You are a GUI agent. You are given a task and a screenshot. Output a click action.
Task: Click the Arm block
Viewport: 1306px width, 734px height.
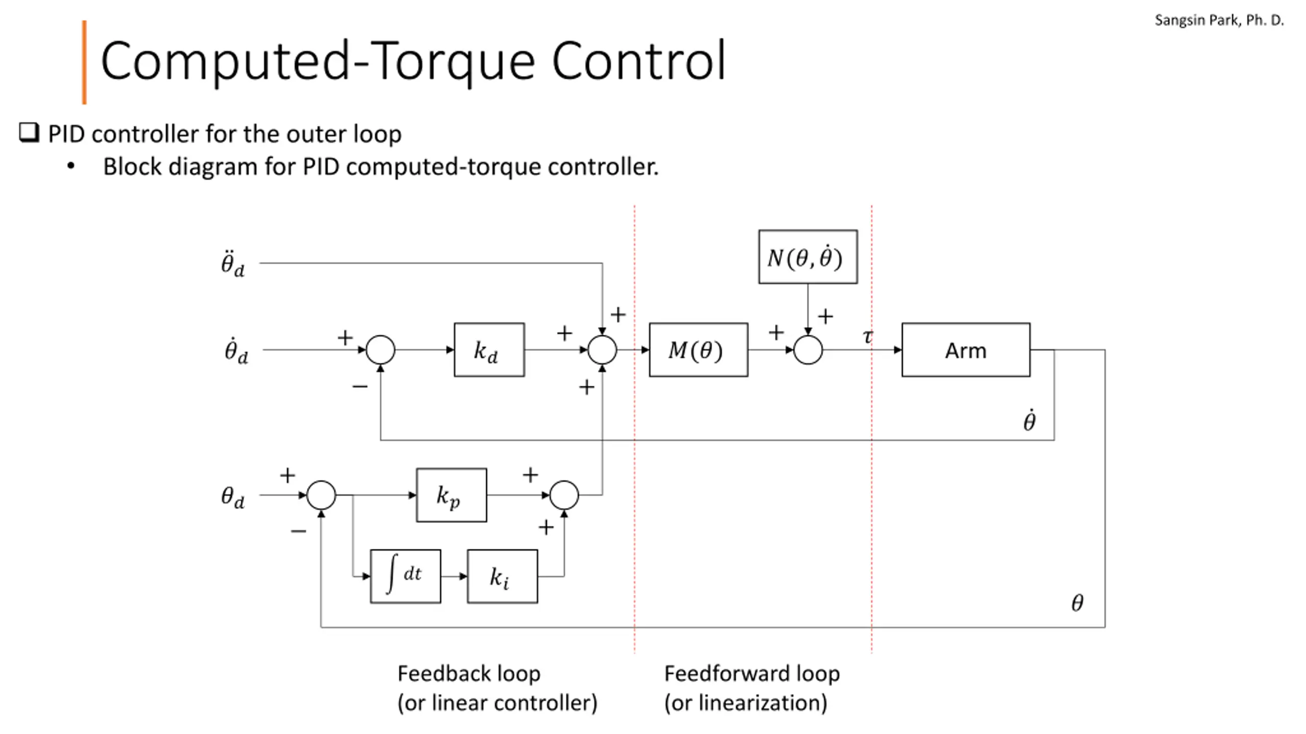coord(966,350)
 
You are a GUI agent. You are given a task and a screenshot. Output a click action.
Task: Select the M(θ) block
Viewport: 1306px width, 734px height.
coord(698,350)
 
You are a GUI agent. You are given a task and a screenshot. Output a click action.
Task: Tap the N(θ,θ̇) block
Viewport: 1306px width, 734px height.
coord(808,257)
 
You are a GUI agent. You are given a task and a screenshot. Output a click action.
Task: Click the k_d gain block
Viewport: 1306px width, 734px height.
coord(489,350)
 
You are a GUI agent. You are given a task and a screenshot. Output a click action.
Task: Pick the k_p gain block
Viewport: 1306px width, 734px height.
coord(451,495)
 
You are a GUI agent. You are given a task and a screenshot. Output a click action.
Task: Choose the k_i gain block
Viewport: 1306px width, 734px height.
coord(502,576)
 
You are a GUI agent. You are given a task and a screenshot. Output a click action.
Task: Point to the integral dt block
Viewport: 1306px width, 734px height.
coord(406,576)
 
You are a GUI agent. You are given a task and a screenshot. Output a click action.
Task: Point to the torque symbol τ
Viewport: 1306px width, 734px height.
coord(868,336)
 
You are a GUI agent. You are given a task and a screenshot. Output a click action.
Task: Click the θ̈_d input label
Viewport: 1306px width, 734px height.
coord(233,263)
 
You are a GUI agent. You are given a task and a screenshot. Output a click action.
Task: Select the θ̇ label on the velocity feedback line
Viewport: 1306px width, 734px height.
coord(1029,421)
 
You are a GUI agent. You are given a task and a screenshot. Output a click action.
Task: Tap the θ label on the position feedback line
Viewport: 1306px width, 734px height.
coord(1077,602)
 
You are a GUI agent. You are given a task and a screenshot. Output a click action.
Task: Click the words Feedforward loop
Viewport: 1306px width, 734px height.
coord(751,673)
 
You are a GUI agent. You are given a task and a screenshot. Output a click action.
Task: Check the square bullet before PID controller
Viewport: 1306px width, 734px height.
coord(29,133)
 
